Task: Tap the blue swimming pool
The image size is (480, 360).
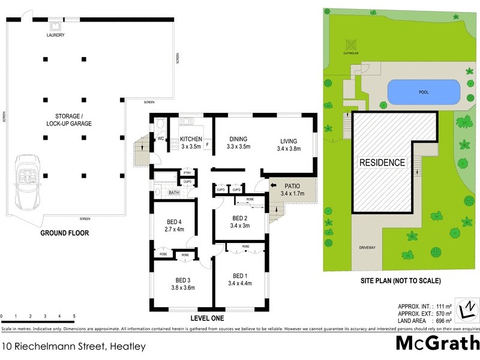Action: [425, 92]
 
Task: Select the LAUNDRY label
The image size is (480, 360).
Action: [55, 35]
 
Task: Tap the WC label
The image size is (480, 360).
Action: [160, 139]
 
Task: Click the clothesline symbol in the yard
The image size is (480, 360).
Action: [350, 44]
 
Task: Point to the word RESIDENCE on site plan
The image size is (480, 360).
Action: [382, 163]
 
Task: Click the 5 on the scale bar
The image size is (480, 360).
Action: [74, 316]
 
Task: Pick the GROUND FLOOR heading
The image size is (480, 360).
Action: [64, 233]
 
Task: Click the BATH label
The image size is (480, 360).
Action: [173, 193]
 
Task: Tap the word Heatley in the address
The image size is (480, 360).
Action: [127, 346]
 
